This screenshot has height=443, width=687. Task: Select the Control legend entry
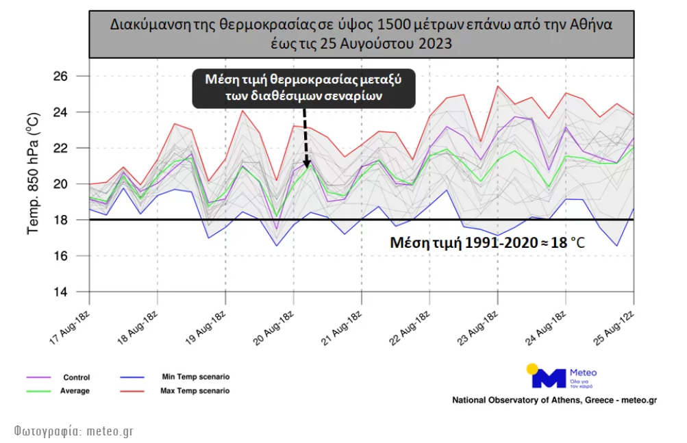76,377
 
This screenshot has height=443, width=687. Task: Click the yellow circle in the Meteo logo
532,369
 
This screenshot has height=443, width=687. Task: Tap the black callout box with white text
303,88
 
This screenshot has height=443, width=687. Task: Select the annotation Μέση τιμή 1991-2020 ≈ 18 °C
487,242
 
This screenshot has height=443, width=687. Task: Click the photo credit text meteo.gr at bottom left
73,431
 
